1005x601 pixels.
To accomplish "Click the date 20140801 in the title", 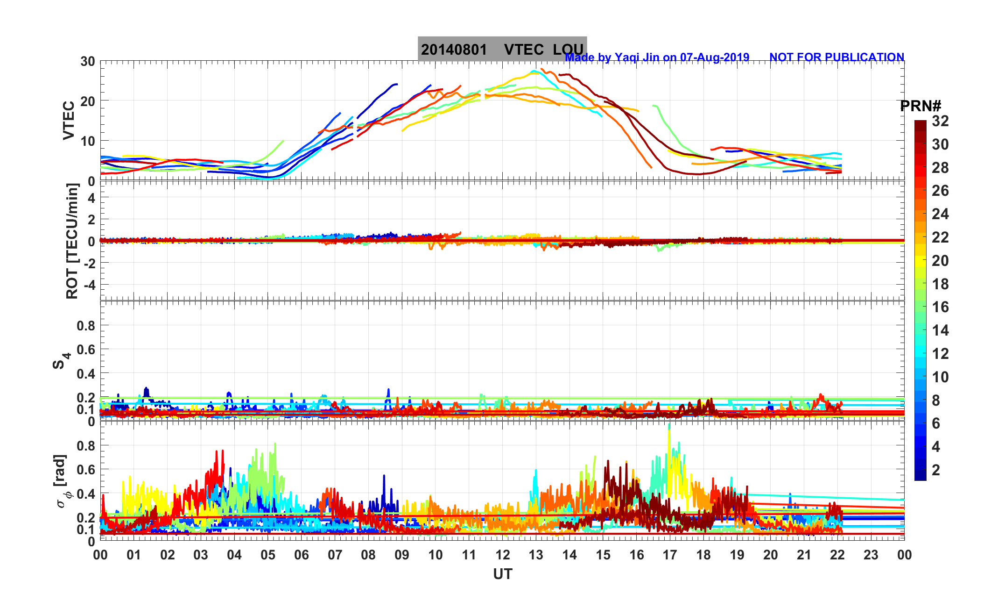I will click(x=454, y=50).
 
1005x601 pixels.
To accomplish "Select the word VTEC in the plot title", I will click(x=524, y=50).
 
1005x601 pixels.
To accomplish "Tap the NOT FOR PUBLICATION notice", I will click(x=836, y=57).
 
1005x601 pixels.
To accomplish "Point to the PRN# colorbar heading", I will click(x=921, y=106).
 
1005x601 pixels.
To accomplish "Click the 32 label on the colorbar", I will click(x=940, y=121).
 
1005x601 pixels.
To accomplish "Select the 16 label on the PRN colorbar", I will click(x=940, y=307).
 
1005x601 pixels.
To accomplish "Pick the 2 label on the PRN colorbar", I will click(x=936, y=470).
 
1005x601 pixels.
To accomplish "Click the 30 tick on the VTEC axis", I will click(x=87, y=61).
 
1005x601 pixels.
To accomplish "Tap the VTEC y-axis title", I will click(x=69, y=120).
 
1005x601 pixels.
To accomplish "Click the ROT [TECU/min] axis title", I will click(x=72, y=241).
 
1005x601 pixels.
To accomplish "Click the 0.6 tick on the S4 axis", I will click(x=86, y=350).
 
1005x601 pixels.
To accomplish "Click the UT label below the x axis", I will click(x=502, y=574).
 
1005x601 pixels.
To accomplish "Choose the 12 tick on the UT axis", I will click(x=502, y=555).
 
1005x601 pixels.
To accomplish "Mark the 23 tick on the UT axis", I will click(x=871, y=555).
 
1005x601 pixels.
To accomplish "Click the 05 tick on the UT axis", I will click(x=268, y=555).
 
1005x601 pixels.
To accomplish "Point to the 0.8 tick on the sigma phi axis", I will click(x=86, y=445).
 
